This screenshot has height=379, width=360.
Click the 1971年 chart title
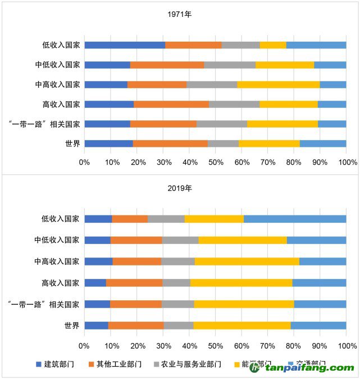(x=180, y=14)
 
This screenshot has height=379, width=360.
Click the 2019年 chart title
(x=180, y=188)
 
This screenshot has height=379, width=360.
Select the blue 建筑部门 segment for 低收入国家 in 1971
(x=125, y=45)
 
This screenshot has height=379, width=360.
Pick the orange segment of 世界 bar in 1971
(x=170, y=143)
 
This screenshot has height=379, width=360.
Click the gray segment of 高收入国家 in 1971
(x=234, y=104)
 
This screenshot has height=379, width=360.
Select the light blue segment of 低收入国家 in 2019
(x=295, y=219)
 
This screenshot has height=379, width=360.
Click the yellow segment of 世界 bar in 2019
(x=242, y=325)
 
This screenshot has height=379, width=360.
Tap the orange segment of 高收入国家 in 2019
(x=134, y=283)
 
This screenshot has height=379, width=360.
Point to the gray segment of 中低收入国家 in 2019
(x=180, y=240)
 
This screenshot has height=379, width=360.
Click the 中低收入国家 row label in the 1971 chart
(x=57, y=65)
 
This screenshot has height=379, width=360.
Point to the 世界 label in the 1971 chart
(x=72, y=143)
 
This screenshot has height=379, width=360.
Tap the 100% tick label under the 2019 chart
(x=347, y=345)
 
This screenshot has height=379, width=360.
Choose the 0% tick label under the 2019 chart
(x=84, y=345)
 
